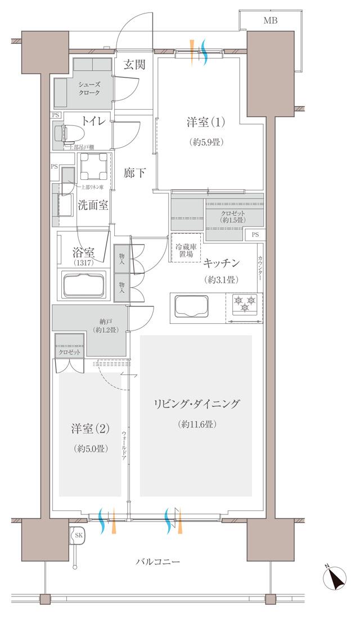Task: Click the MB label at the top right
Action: click(x=271, y=21)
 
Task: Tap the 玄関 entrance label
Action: click(x=134, y=65)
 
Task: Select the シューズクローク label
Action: click(x=90, y=88)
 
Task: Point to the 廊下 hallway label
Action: click(x=134, y=173)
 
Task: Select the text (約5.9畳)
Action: click(x=205, y=142)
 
